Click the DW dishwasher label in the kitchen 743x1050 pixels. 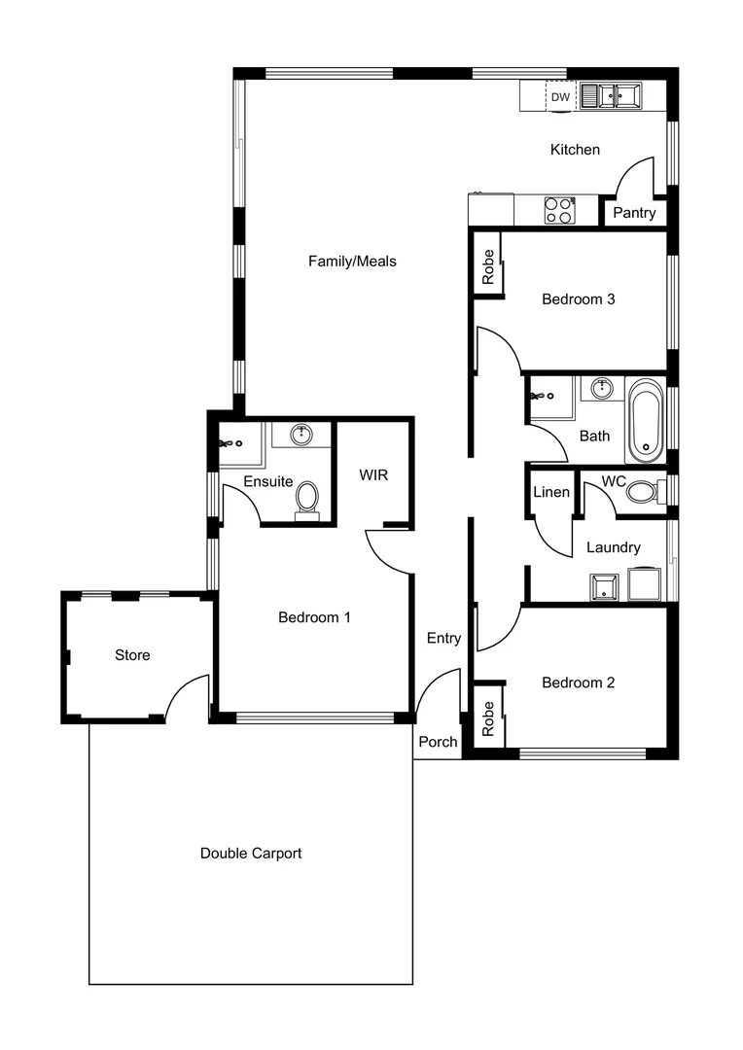click(x=560, y=97)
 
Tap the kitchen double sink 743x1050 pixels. click(x=613, y=96)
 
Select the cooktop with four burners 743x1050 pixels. click(x=558, y=211)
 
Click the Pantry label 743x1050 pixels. click(x=634, y=213)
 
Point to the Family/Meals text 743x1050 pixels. click(x=352, y=261)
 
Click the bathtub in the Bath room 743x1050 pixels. click(x=646, y=422)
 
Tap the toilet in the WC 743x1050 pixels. click(x=643, y=491)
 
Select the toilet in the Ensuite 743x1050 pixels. click(x=307, y=498)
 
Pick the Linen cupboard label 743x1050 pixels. click(x=551, y=492)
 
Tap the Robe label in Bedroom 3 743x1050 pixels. click(x=488, y=266)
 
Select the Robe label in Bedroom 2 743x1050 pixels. click(x=488, y=717)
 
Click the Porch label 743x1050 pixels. click(x=438, y=742)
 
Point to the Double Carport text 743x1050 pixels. click(x=251, y=854)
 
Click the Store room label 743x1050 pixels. click(x=132, y=655)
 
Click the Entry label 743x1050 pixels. click(x=443, y=639)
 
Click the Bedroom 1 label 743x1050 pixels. click(x=314, y=617)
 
